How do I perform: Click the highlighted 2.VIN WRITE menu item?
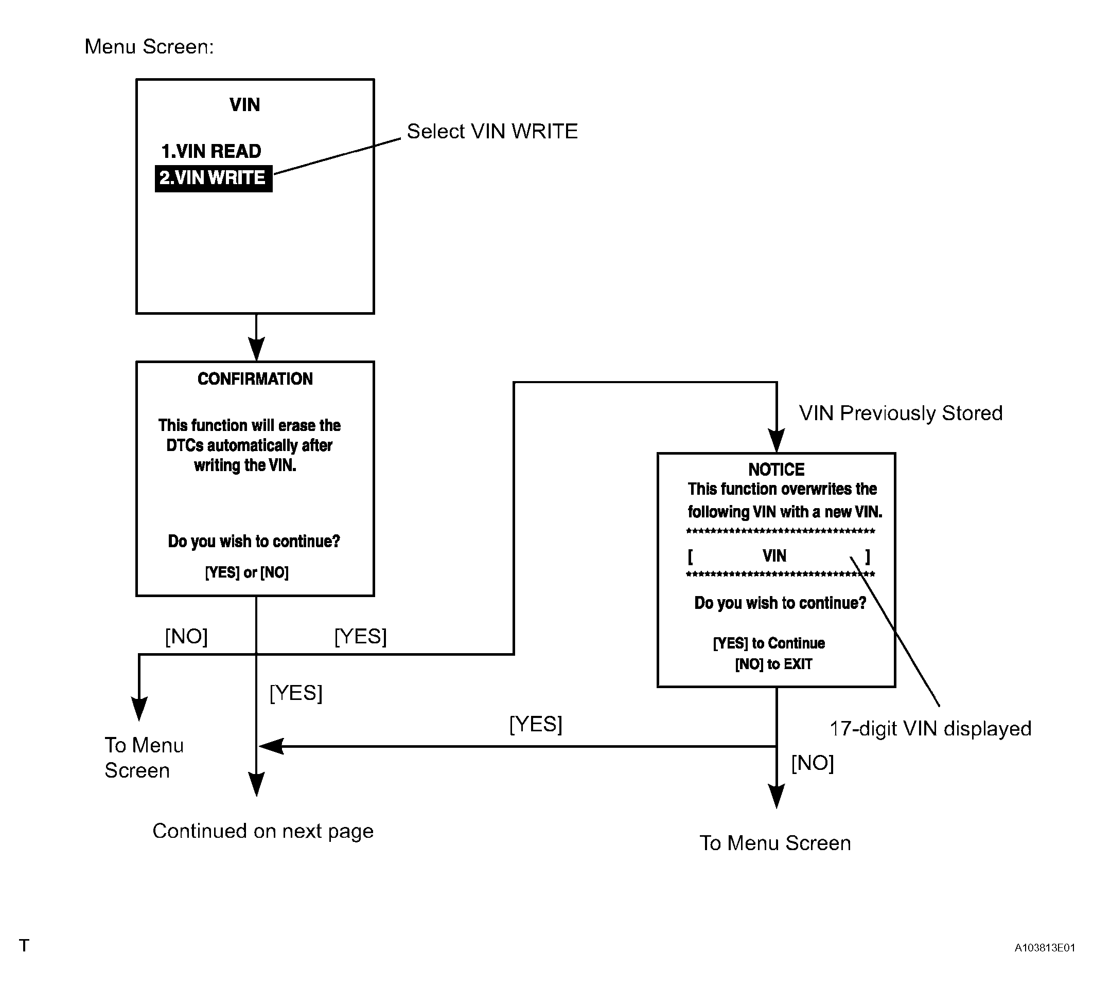point(213,178)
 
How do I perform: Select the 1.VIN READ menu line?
point(211,151)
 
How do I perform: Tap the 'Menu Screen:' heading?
point(149,47)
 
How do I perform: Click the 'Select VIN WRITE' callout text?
point(492,131)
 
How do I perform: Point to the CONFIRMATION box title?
point(255,379)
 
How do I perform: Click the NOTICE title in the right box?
point(777,469)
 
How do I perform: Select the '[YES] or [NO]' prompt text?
point(246,572)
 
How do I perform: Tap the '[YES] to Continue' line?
point(769,643)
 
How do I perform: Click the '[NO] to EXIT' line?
point(773,664)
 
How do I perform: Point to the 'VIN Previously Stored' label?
point(901,413)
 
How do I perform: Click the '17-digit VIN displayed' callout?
point(930,729)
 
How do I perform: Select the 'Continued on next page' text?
point(263,831)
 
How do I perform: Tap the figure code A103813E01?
point(1045,948)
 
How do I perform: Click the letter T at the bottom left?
point(24,946)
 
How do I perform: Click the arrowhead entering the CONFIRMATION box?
point(256,350)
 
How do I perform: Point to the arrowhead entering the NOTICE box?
point(777,441)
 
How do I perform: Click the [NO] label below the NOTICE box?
point(813,764)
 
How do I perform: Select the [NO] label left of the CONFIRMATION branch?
point(186,637)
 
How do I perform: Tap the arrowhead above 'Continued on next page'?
point(256,785)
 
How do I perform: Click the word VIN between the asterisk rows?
point(774,556)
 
